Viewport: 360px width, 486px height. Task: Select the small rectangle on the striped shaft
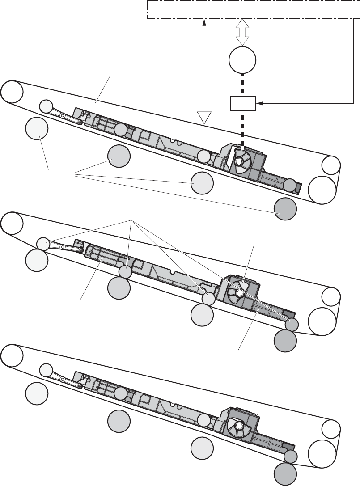[242, 103]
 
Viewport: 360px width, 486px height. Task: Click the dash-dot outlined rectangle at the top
[253, 9]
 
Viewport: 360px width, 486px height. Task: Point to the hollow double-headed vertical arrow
[242, 32]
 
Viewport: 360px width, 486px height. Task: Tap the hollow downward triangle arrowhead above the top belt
[204, 117]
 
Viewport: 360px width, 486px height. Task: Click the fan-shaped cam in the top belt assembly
[242, 161]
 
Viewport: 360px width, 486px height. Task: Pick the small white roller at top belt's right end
[331, 165]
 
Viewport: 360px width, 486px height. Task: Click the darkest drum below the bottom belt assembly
[285, 473]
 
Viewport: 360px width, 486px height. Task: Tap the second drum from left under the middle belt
[119, 288]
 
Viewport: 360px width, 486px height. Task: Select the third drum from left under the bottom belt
[202, 448]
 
